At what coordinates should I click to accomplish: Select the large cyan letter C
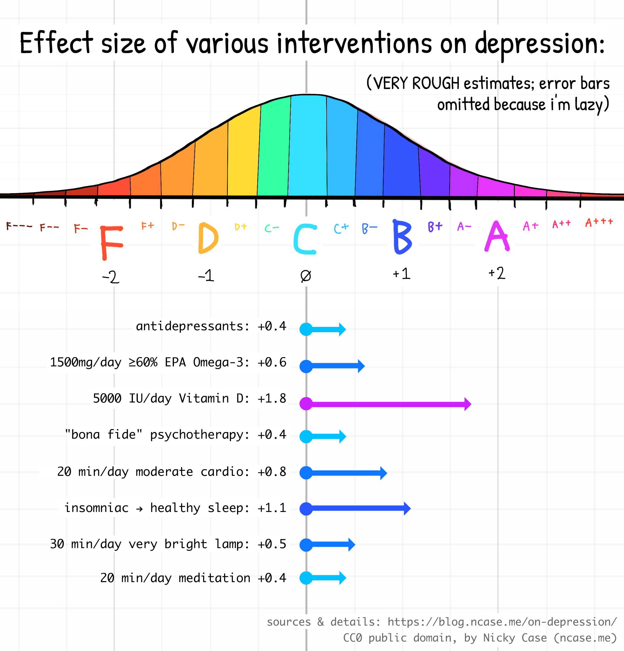point(305,239)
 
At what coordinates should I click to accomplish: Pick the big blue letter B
point(402,237)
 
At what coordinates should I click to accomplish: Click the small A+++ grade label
point(599,222)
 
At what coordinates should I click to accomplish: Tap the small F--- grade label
point(19,226)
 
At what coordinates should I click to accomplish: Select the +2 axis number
point(497,273)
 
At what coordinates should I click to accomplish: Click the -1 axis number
point(206,276)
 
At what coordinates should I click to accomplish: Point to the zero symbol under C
point(305,276)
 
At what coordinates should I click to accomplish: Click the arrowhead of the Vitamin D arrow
point(467,404)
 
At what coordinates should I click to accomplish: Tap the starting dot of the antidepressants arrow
point(306,329)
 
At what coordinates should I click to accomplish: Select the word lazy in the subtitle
point(589,105)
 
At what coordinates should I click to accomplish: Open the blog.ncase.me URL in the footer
point(502,622)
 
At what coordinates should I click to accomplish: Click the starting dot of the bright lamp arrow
point(306,545)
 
